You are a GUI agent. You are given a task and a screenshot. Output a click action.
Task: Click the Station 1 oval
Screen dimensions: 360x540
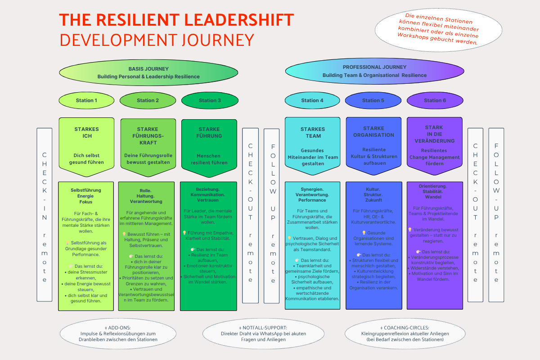86,100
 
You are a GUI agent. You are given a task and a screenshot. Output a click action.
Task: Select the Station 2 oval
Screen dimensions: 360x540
148,100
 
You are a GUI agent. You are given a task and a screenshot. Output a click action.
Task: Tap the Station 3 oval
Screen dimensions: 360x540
210,100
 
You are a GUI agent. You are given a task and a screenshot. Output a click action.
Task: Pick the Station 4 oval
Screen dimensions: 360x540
312,100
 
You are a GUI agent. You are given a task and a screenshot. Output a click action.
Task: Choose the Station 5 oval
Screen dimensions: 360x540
373,100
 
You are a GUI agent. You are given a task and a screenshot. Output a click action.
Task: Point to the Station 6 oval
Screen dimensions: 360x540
435,100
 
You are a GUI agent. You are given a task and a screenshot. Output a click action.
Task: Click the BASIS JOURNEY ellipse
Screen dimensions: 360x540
148,72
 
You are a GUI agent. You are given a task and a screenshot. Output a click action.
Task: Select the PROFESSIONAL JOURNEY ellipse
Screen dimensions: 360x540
374,71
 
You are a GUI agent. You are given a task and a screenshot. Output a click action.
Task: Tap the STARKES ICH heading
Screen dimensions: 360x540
86,132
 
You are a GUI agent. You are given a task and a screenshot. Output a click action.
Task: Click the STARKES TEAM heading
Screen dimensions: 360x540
312,132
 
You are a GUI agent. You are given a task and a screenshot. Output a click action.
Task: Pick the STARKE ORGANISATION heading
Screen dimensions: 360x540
373,131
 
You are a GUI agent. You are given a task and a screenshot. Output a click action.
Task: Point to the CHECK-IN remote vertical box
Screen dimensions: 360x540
45,215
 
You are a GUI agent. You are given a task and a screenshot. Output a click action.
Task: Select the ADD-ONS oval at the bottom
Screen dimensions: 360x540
112,333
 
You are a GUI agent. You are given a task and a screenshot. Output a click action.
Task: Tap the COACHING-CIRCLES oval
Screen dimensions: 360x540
405,333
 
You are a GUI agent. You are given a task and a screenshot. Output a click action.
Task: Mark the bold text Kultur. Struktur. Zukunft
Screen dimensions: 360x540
373,194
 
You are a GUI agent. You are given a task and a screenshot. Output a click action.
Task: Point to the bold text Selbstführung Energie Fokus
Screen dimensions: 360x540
86,196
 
